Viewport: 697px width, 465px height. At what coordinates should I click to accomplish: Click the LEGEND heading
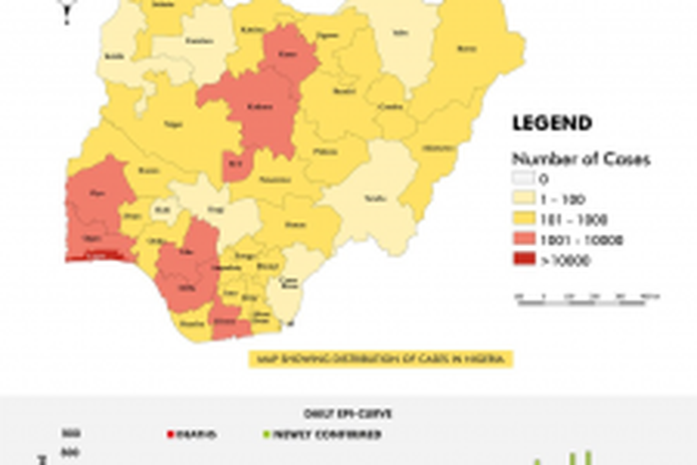tap(552, 124)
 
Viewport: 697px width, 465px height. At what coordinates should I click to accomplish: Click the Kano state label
tap(290, 54)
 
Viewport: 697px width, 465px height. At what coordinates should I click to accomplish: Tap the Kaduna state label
tap(261, 104)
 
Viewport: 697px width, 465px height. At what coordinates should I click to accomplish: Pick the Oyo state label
tap(98, 192)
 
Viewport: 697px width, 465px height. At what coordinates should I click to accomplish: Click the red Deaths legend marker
tap(170, 434)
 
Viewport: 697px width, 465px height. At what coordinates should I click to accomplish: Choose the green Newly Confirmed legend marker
tap(264, 434)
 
